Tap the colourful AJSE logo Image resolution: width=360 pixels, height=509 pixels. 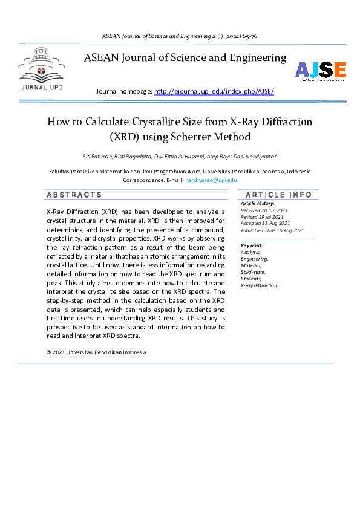[320, 71]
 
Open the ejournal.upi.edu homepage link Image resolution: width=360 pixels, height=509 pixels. [214, 92]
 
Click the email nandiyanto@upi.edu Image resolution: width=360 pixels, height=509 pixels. [211, 180]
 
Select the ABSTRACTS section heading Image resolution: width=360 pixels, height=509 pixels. [74, 195]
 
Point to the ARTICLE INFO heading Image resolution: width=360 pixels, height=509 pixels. [278, 195]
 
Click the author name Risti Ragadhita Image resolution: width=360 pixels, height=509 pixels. [137, 157]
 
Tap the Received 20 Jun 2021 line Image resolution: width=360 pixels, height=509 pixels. [264, 210]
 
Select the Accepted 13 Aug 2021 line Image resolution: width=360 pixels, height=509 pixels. [264, 224]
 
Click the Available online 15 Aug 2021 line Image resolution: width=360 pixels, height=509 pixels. [272, 230]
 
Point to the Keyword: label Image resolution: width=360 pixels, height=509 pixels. [251, 245]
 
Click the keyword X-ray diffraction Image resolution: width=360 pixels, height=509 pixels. [260, 285]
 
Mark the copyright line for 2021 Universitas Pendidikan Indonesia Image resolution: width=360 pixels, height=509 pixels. [96, 352]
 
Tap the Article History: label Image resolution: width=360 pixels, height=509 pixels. [257, 204]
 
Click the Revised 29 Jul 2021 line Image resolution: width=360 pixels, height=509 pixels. [263, 217]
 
